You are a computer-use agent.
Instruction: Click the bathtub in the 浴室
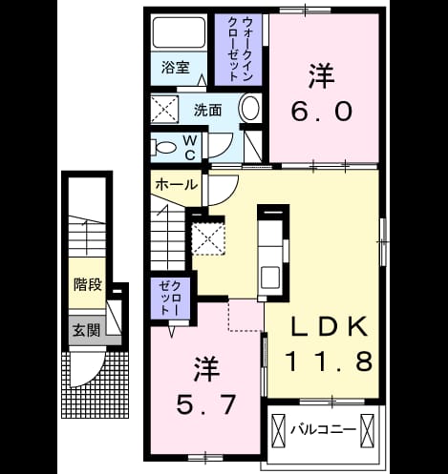179,32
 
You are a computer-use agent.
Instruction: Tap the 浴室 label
176,67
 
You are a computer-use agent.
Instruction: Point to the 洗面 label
207,110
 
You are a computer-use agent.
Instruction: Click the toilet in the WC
163,148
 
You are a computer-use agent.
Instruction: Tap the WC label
190,147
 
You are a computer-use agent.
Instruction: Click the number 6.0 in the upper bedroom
322,112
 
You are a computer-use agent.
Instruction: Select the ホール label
177,184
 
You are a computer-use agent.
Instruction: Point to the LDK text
330,326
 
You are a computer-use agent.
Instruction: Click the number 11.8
330,361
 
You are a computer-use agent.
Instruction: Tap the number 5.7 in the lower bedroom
206,404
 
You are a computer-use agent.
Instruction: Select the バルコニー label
323,430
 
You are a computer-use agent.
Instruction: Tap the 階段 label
88,284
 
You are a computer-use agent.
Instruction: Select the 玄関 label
87,330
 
